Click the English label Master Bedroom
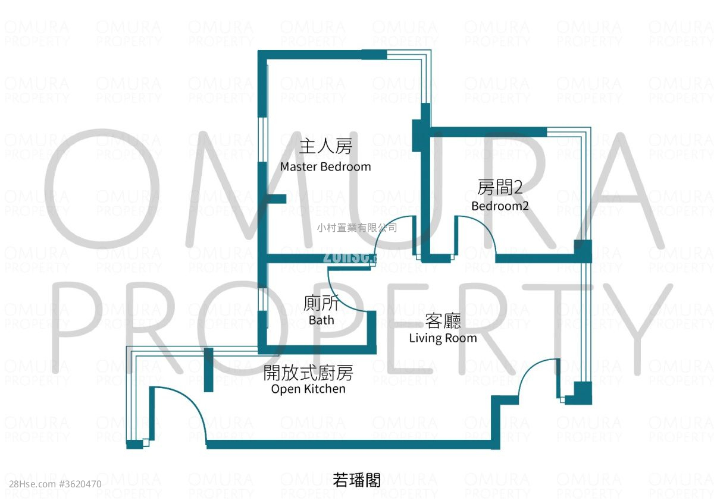click(325, 167)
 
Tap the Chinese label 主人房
click(325, 146)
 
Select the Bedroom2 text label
click(500, 206)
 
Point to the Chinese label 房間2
click(500, 188)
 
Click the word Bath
click(321, 320)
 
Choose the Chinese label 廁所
click(321, 304)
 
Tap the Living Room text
click(443, 338)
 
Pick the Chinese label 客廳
click(443, 322)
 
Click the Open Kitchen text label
click(308, 389)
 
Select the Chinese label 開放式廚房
click(308, 373)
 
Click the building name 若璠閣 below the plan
click(356, 480)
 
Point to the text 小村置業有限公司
click(356, 228)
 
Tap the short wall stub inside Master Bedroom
click(276, 199)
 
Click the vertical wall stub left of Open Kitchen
click(208, 370)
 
